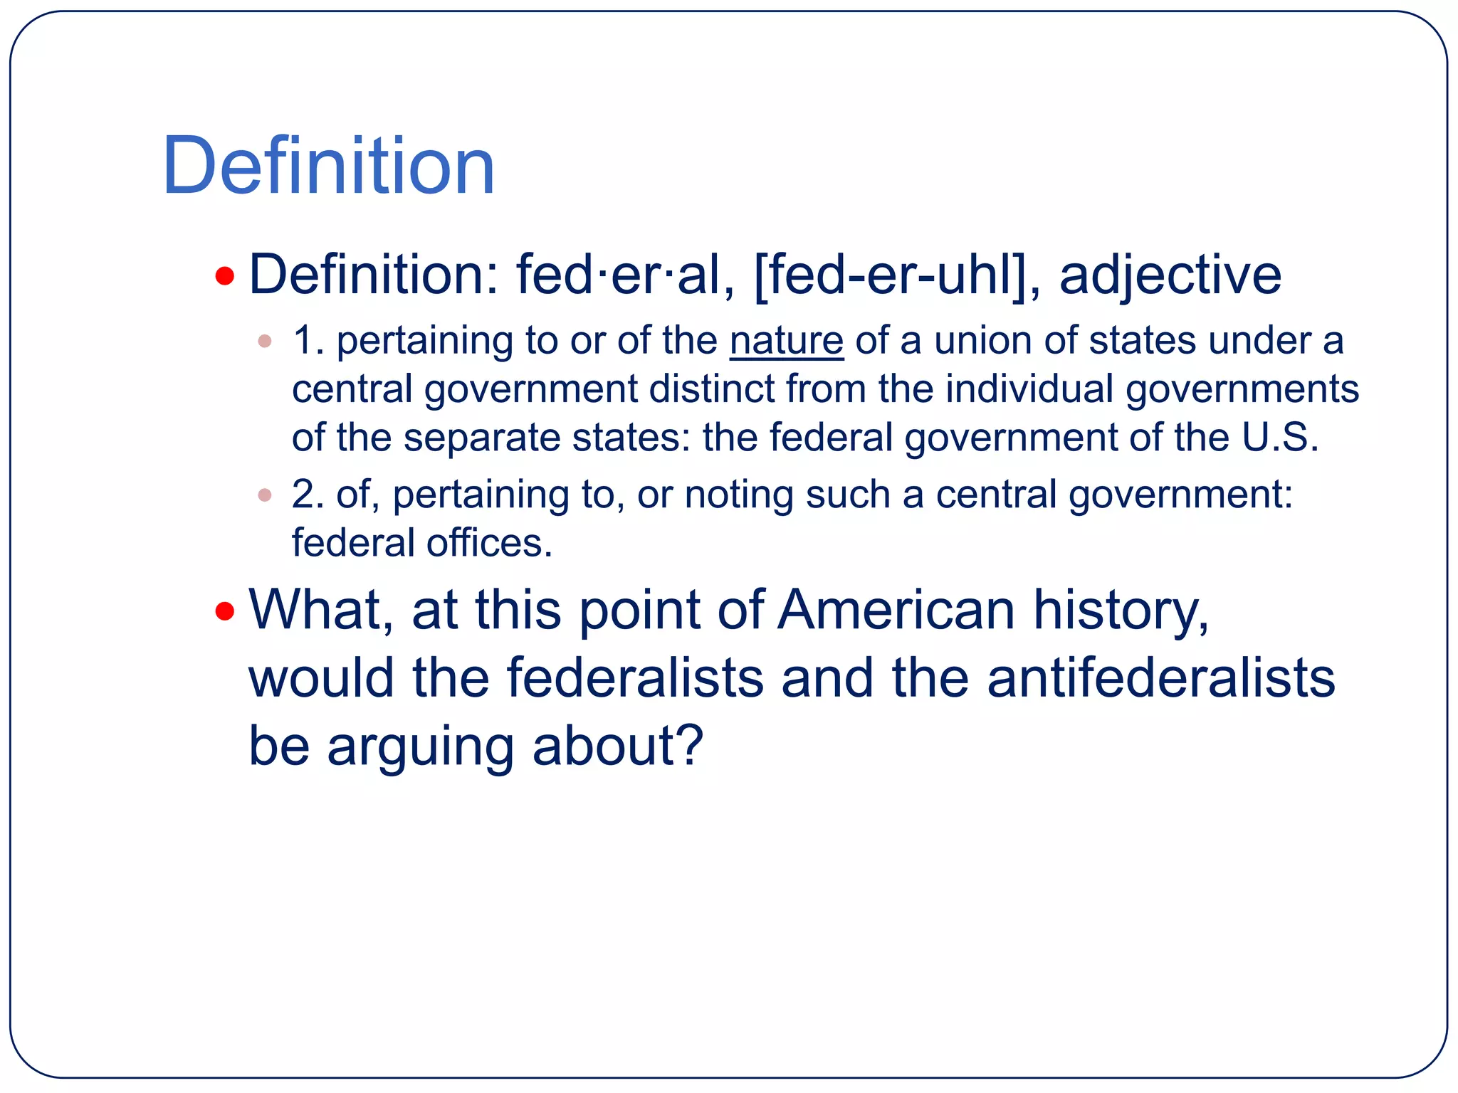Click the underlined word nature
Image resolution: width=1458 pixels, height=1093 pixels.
click(786, 341)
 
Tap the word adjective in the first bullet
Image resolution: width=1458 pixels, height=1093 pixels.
click(1170, 275)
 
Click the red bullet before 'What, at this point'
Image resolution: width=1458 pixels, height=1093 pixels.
click(225, 611)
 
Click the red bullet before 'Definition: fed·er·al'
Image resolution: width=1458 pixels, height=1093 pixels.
click(225, 275)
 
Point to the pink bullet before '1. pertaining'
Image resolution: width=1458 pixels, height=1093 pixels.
click(265, 341)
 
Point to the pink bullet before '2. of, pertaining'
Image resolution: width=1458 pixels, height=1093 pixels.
click(265, 495)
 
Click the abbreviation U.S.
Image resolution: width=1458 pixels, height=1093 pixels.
click(1280, 437)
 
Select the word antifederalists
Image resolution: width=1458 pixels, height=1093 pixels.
click(1160, 678)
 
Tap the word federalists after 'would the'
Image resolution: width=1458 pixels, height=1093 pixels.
click(635, 678)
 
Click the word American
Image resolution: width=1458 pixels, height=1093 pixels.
click(896, 611)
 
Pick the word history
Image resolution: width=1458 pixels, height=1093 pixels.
click(1120, 611)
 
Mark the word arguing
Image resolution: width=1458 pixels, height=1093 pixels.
click(420, 746)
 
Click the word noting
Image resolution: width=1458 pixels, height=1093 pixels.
click(738, 495)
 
